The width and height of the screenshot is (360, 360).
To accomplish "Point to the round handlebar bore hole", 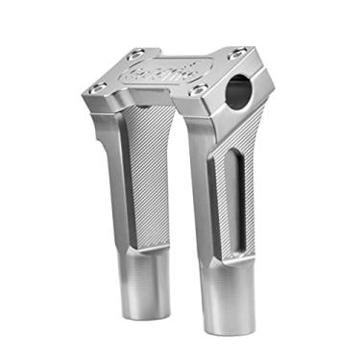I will point(241,93).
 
